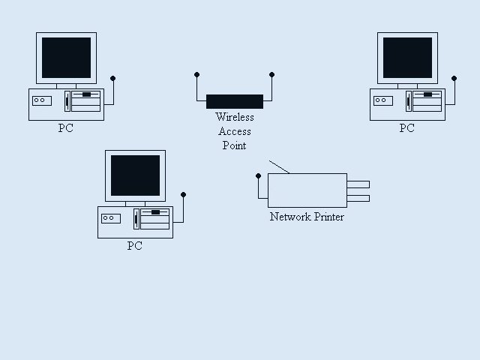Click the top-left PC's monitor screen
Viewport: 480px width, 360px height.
67,58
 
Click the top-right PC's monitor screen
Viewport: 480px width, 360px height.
407,58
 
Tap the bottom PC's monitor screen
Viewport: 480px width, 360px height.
135,175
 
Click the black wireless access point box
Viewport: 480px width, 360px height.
235,102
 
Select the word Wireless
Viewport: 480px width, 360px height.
235,117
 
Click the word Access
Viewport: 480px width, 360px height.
235,131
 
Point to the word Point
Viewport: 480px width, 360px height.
235,145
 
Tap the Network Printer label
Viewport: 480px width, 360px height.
307,217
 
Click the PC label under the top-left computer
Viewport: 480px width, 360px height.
66,128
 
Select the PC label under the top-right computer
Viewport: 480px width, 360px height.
406,128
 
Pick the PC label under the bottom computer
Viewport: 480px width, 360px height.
134,245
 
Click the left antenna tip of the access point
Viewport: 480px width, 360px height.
196,74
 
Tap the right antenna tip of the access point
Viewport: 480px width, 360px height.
271,74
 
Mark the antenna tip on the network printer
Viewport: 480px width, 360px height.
258,175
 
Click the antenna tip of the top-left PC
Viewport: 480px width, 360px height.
113,77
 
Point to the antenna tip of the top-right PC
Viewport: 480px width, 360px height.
454,77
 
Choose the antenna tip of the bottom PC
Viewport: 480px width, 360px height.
183,195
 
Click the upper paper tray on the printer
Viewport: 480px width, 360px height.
358,184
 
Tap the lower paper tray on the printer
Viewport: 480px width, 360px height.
358,198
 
